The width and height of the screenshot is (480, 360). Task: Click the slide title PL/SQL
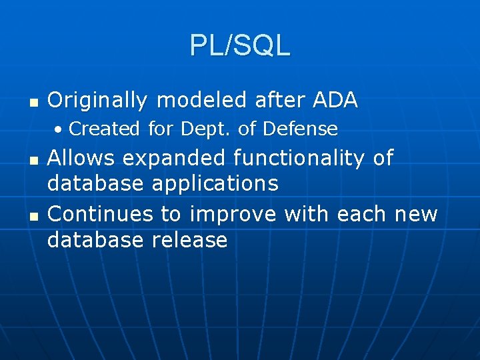pos(240,45)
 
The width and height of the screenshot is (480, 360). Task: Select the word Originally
pos(97,101)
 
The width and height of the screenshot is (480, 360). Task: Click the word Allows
pos(81,159)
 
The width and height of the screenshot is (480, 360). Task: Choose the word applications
pos(215,183)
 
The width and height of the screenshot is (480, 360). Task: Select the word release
pos(190,239)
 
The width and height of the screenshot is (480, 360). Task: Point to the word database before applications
pos(97,183)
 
